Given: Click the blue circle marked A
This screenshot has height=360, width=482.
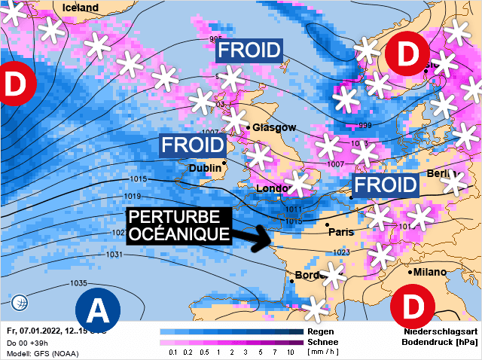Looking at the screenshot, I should point(98,307).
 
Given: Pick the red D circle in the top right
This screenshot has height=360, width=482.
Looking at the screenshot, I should point(407,53).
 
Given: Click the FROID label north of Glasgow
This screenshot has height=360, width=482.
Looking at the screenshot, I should point(249,51).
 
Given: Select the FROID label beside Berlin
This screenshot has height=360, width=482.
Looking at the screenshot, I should point(386,185).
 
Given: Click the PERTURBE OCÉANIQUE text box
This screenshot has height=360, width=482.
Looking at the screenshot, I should point(178,225).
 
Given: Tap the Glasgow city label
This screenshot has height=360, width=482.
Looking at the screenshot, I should point(274,127).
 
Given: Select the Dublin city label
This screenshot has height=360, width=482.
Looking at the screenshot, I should point(206,168).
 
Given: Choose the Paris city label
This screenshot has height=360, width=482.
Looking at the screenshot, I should point(341,231).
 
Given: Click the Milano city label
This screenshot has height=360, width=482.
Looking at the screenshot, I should point(434,271).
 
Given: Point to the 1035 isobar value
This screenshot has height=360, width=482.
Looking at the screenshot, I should point(78,283).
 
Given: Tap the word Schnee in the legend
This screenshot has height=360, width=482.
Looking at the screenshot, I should point(323,341).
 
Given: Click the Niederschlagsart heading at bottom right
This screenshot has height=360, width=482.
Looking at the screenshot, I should point(441,331).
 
